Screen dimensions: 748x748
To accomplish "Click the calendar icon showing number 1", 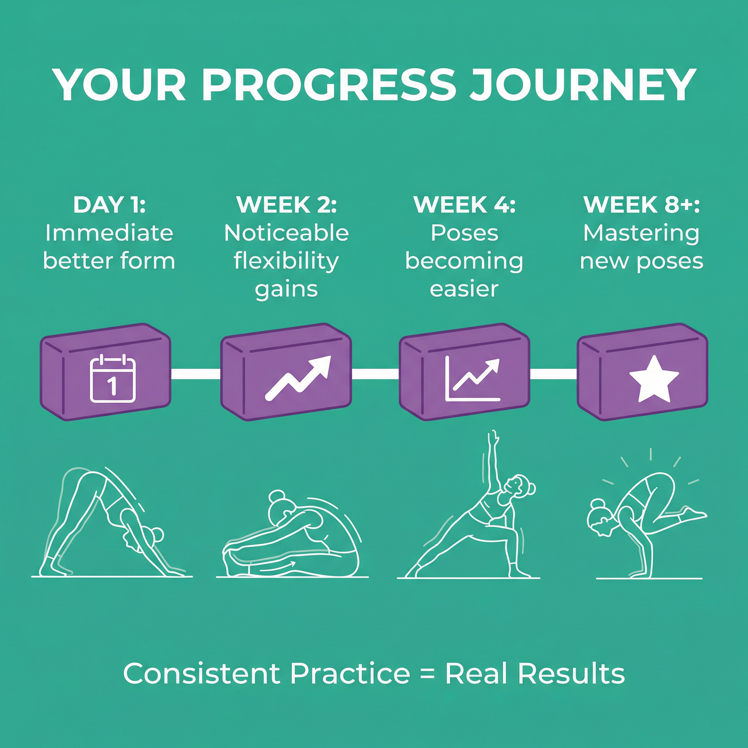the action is [x=112, y=378].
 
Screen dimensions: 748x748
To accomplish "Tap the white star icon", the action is [x=654, y=379].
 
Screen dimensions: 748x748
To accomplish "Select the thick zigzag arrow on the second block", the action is [x=298, y=378].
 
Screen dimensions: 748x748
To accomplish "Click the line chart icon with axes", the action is [x=473, y=378].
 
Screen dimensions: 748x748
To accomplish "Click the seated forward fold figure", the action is [x=292, y=534].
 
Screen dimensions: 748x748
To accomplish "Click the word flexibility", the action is [x=286, y=262].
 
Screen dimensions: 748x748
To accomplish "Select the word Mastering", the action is [x=641, y=233].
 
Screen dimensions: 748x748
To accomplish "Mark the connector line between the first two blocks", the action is [x=195, y=374].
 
